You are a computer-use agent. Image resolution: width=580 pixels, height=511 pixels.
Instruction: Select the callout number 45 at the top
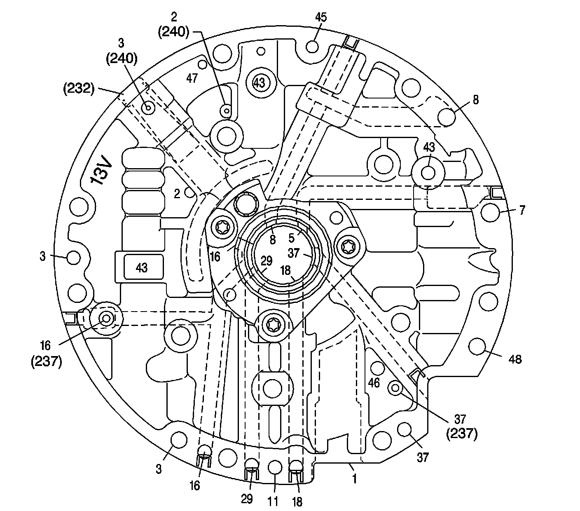[x=320, y=17]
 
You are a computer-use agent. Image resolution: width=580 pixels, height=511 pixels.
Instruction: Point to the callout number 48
[x=515, y=359]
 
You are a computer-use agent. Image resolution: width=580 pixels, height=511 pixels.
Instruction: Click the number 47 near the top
[x=192, y=77]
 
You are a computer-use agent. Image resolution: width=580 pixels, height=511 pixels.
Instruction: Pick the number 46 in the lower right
[x=374, y=383]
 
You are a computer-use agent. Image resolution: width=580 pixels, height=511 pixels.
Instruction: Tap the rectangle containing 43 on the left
[x=141, y=268]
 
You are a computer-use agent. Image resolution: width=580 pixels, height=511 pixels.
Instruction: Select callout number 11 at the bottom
[x=273, y=501]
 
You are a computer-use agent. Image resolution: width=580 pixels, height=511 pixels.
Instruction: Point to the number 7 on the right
[x=522, y=210]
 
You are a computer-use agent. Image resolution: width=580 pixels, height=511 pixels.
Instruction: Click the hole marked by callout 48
[x=477, y=346]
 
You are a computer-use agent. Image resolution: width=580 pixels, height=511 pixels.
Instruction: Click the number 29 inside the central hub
[x=267, y=260]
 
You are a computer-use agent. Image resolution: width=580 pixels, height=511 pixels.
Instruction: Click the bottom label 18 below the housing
[x=297, y=501]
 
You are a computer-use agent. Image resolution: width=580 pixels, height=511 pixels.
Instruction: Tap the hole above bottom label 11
[x=275, y=467]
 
